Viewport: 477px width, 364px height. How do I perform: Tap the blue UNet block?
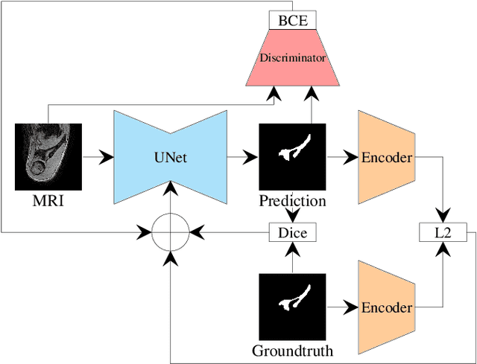[170, 158]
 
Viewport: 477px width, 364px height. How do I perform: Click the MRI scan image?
[48, 157]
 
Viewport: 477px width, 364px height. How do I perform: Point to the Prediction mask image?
[292, 157]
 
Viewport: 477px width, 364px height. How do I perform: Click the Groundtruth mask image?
[292, 306]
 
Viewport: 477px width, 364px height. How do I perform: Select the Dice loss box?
[292, 233]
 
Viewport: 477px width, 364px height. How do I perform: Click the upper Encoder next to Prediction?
[386, 158]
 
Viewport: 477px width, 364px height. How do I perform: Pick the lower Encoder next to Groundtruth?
[386, 307]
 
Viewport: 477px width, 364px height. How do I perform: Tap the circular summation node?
[171, 233]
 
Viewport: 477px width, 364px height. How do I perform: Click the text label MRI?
[48, 201]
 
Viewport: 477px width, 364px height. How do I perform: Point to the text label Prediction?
[292, 201]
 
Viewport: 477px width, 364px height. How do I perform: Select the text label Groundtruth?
[292, 351]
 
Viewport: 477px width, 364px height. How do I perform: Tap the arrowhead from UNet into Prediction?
[252, 158]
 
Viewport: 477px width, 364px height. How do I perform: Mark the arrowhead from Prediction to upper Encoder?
[351, 158]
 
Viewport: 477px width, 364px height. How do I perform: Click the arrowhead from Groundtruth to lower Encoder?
[351, 307]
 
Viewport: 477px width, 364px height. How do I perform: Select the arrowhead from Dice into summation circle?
[196, 233]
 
